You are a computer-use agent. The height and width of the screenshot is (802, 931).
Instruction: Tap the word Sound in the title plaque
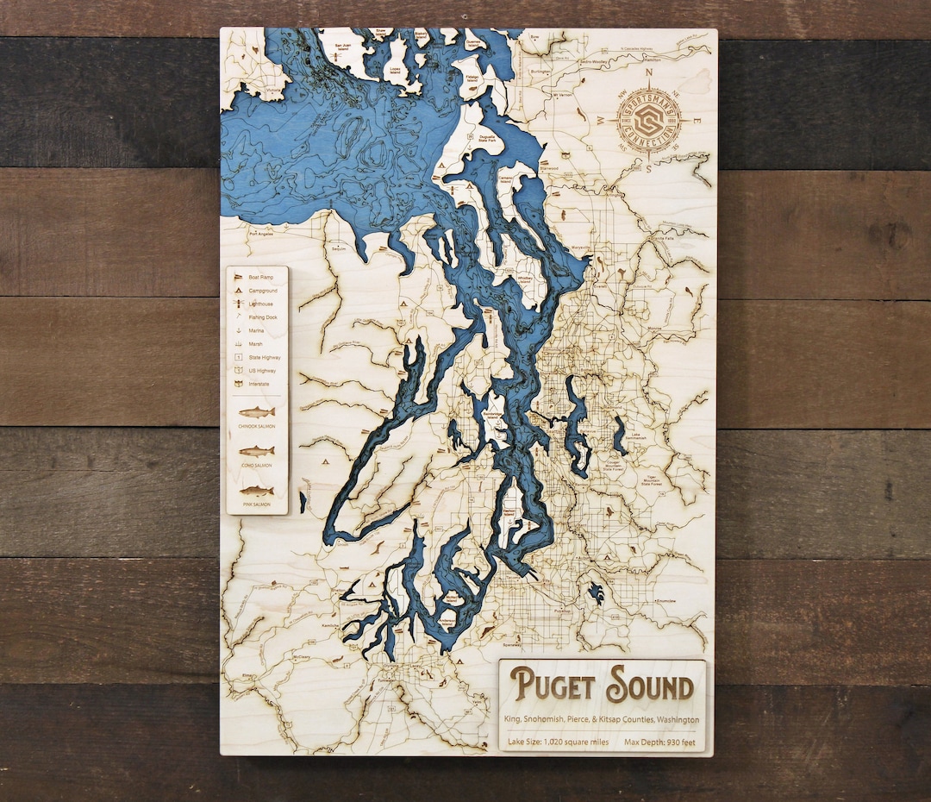point(649,686)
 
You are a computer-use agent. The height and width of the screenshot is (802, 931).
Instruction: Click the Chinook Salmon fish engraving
point(257,412)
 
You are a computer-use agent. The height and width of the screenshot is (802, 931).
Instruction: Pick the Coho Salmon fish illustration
point(257,451)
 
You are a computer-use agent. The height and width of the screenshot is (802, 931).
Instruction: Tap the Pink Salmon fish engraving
point(257,491)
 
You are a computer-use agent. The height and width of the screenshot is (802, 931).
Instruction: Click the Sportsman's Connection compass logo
point(649,122)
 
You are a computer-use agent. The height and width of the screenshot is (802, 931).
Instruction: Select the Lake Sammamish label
point(636,437)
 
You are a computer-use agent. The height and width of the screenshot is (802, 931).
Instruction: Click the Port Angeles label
point(260,234)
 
